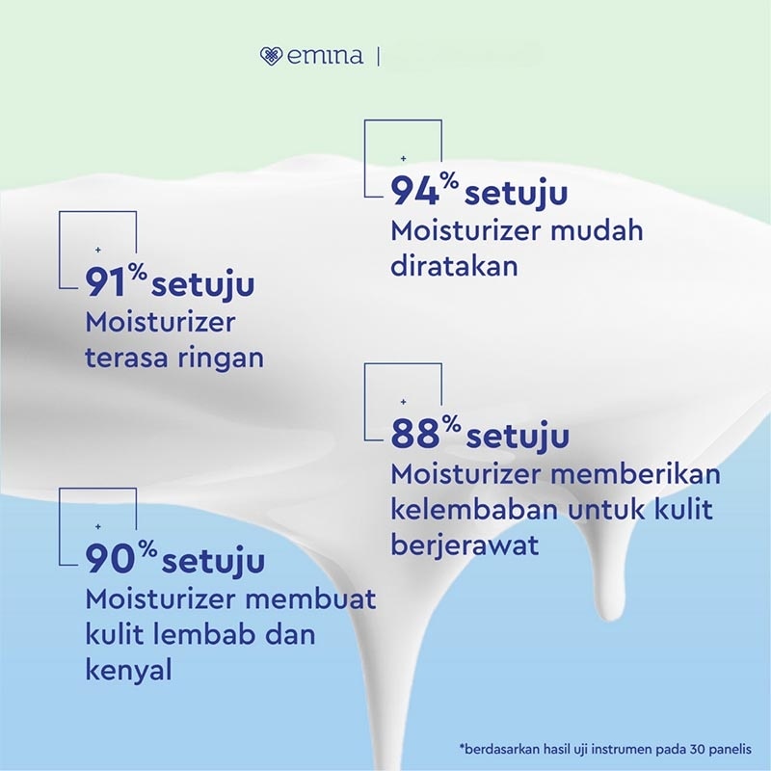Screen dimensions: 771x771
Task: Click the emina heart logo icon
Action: point(271,57)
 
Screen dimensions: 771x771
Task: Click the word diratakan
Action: point(454,265)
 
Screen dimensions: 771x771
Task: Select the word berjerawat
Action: point(465,545)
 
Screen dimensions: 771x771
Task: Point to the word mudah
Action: point(596,231)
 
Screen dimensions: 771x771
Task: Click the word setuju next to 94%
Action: point(517,193)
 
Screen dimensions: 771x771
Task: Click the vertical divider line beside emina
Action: point(379,57)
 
